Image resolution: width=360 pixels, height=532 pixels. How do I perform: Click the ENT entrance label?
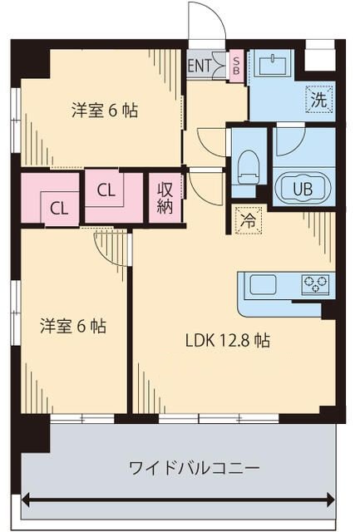click(200, 64)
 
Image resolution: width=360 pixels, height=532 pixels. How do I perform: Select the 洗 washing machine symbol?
click(318, 98)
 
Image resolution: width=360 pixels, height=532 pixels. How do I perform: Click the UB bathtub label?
click(303, 187)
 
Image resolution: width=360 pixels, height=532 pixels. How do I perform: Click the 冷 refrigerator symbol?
click(247, 220)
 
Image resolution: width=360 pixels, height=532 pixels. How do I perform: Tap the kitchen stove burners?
click(315, 284)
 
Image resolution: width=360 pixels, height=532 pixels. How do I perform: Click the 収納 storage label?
click(165, 198)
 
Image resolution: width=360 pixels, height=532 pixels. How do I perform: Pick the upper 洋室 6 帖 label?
click(105, 109)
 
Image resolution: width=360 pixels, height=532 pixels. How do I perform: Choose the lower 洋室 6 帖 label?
click(73, 326)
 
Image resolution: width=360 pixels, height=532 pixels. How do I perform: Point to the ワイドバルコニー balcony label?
click(182, 468)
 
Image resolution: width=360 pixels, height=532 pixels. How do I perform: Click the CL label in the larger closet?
click(106, 190)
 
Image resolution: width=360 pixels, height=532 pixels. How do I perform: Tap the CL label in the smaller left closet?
click(58, 208)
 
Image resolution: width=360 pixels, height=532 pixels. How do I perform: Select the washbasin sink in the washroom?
click(274, 64)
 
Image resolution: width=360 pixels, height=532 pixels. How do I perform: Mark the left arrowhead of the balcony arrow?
click(27, 500)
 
